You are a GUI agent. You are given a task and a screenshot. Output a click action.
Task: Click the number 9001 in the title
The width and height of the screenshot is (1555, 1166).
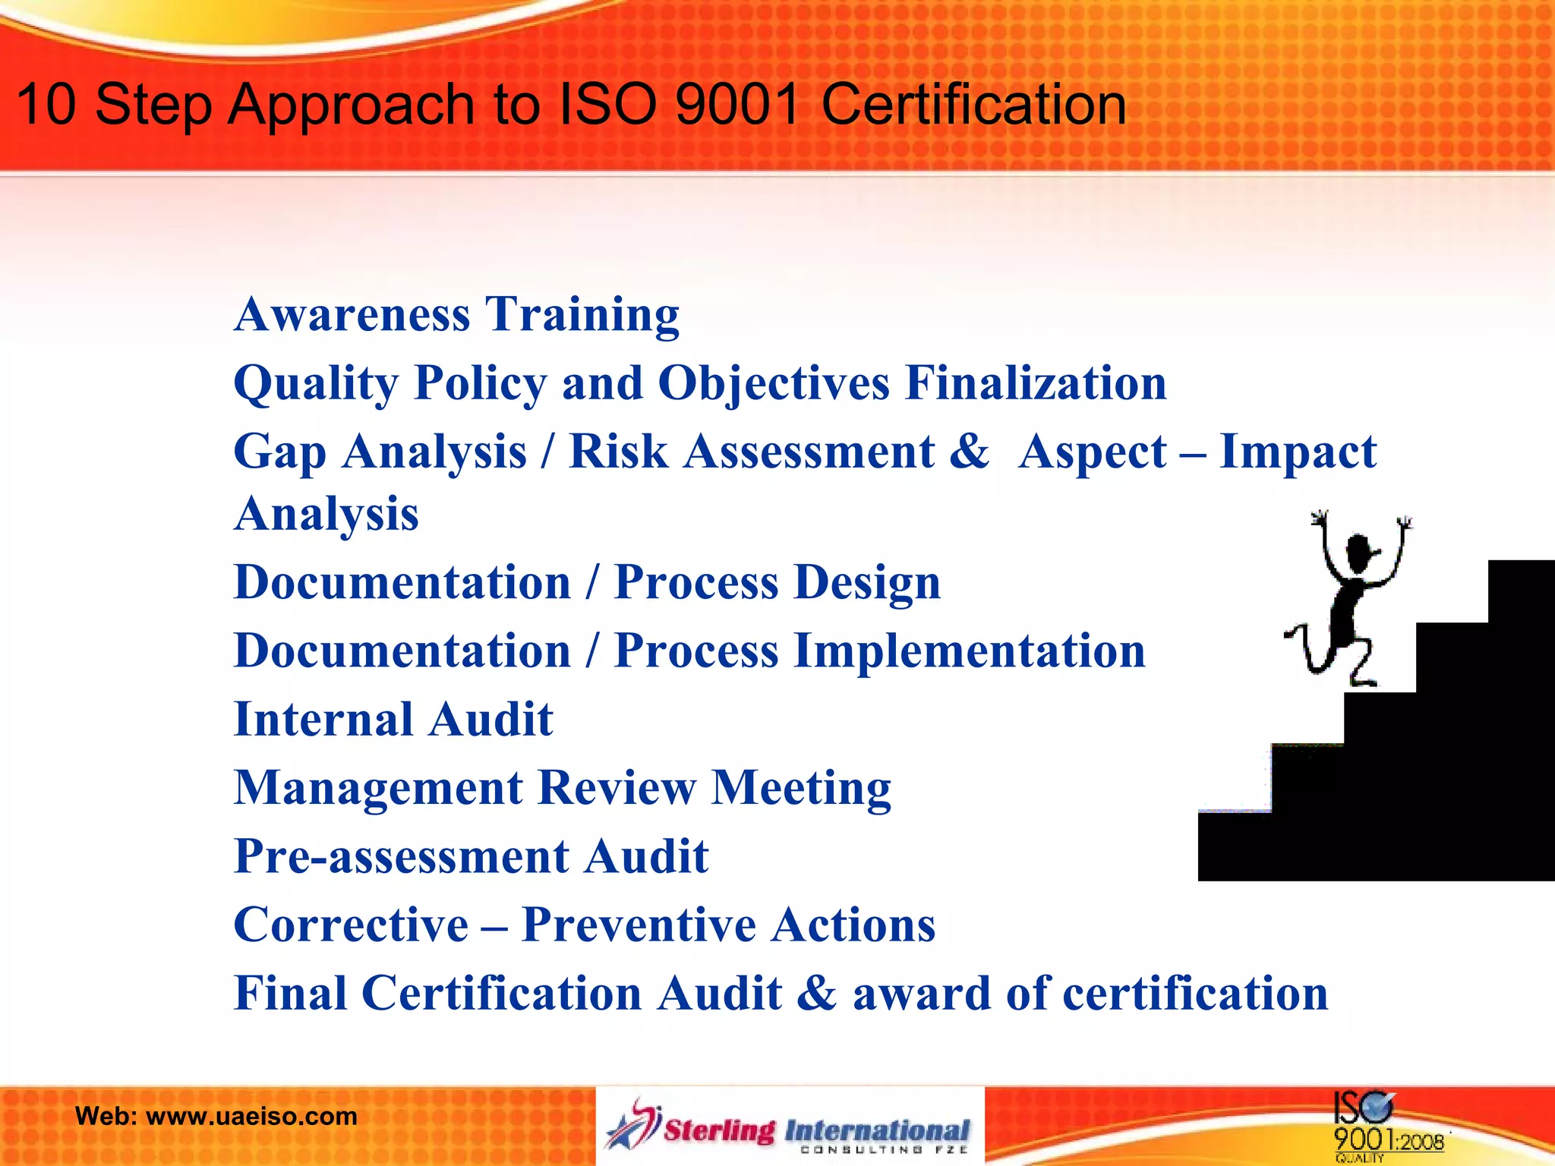[736, 104]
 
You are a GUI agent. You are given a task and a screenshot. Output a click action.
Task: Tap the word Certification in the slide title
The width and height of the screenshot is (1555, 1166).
[973, 104]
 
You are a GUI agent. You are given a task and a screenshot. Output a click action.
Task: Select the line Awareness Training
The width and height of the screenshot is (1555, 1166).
[456, 314]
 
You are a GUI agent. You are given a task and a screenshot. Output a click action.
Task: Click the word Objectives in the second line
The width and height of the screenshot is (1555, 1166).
[772, 383]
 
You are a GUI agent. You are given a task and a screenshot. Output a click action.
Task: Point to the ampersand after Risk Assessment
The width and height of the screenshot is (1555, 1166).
[969, 452]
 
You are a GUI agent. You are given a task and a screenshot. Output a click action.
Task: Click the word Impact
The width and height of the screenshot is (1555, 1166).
[1297, 452]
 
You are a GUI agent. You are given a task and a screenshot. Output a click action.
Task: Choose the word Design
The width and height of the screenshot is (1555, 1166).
[868, 582]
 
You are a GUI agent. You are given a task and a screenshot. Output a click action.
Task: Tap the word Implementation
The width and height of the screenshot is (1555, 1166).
[970, 651]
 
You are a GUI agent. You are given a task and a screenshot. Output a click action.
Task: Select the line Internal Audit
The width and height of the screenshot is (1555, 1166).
[393, 720]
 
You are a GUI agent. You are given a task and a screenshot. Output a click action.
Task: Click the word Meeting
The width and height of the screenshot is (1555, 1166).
[801, 788]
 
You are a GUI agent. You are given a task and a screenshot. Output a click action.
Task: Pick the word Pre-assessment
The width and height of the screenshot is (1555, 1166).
[400, 856]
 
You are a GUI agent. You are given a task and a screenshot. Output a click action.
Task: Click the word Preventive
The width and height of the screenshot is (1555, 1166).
[638, 925]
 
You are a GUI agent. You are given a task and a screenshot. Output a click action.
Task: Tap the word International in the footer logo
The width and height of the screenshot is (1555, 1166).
[877, 1130]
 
